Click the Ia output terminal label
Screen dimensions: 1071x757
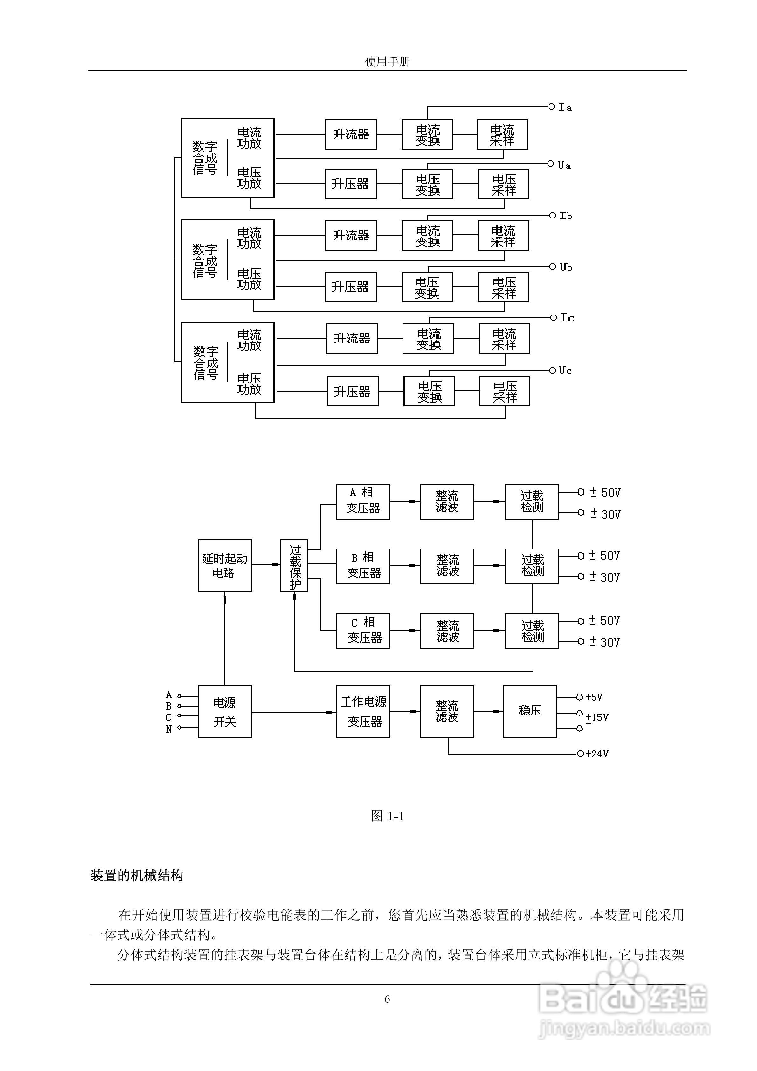(565, 107)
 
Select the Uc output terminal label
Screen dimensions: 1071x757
(565, 370)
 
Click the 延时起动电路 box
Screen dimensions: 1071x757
(225, 565)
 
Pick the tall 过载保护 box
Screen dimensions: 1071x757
(294, 565)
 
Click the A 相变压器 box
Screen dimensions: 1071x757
(363, 501)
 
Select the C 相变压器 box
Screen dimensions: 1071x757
(363, 631)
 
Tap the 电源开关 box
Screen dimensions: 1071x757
(225, 712)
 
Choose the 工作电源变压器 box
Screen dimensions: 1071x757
(363, 712)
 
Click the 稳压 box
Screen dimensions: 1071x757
(530, 712)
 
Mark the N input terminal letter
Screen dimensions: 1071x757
(169, 729)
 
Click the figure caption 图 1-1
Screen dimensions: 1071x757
(387, 816)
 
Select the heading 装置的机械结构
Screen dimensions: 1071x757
(137, 875)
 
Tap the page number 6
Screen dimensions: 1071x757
(387, 999)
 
